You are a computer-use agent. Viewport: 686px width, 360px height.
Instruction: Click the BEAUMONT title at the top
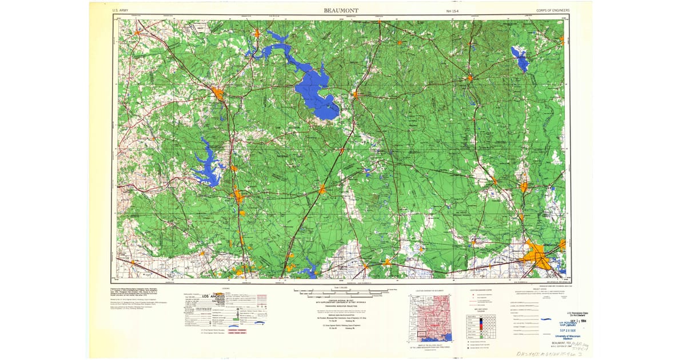click(x=342, y=10)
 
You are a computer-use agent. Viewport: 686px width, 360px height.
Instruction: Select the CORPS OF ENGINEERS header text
click(x=553, y=10)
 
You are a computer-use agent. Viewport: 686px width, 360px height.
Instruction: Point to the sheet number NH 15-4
click(x=453, y=10)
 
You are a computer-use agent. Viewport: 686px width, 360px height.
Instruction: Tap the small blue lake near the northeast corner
click(x=521, y=59)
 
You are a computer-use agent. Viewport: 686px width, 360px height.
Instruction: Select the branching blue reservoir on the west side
click(x=206, y=166)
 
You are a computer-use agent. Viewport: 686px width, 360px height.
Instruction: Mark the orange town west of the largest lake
click(x=217, y=93)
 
